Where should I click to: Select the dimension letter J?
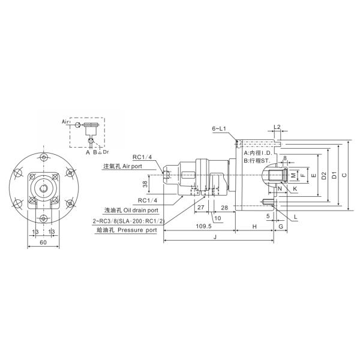coord(214,237)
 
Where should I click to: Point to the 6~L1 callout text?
coord(220,129)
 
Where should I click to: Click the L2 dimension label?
coord(277,128)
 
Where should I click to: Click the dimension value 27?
coord(200,207)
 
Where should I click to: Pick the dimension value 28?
coord(224,207)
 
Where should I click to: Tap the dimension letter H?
coord(254,227)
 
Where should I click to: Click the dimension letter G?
coord(281,227)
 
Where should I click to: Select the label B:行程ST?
coord(258,161)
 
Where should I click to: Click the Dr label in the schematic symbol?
coord(106,152)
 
